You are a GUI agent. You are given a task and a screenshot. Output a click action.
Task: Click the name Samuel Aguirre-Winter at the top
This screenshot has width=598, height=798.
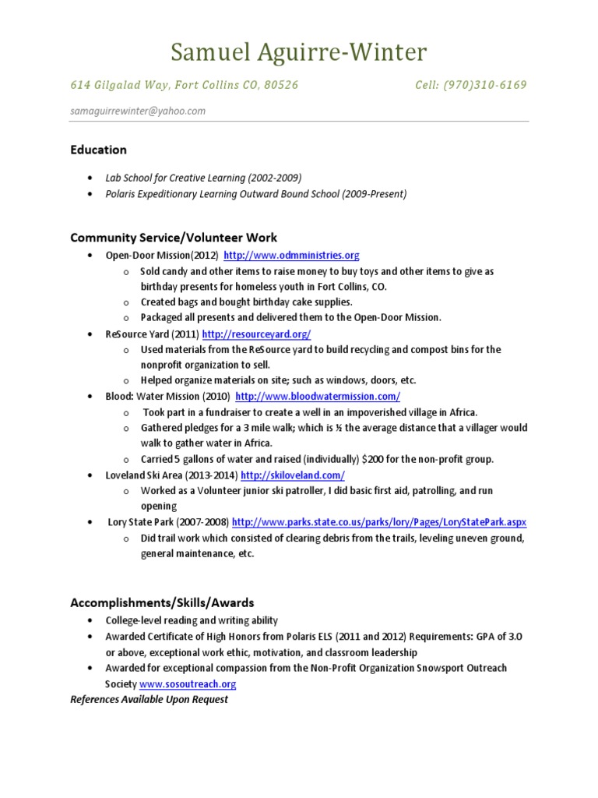coord(299,52)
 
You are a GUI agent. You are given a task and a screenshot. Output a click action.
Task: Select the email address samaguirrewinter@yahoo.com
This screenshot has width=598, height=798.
coord(138,111)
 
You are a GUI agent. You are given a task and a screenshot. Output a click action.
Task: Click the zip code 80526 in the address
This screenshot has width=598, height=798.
coord(281,84)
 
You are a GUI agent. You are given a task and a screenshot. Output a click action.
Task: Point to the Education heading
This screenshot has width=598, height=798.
coord(98,150)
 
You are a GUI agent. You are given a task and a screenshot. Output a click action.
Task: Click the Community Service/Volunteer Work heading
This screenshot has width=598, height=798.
coord(174,238)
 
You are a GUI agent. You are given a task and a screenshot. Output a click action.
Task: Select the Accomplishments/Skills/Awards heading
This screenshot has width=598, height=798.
coord(162,602)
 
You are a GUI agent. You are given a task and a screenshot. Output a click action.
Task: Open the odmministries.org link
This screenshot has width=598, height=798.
coord(291,256)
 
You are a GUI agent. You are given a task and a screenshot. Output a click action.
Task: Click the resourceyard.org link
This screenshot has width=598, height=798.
coord(256,334)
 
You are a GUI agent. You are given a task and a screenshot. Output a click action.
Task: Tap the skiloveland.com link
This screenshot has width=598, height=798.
coord(293,475)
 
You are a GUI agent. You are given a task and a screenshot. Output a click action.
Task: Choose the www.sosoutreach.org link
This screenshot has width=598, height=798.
coord(188,683)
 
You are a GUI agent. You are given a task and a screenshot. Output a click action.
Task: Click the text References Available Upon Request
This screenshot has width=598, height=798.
coord(149,699)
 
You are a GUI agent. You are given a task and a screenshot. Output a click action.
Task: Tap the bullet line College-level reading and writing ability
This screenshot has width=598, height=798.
coord(192,620)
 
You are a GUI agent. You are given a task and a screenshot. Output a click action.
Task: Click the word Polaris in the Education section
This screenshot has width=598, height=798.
coord(124,194)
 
